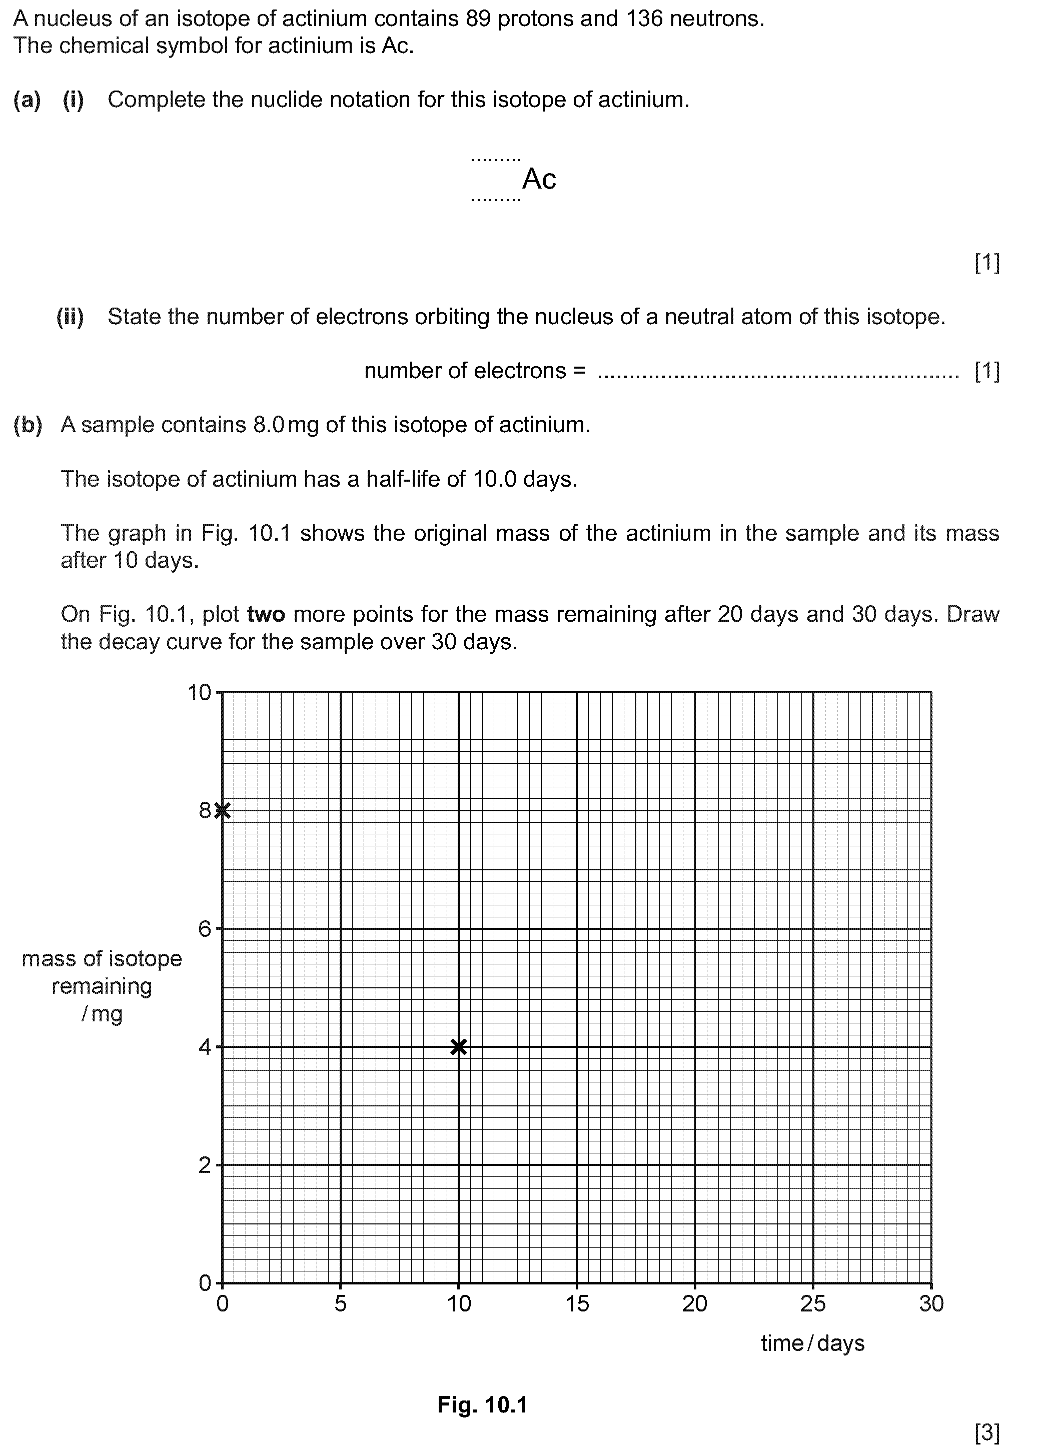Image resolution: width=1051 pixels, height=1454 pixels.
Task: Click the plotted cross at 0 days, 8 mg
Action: pos(223,810)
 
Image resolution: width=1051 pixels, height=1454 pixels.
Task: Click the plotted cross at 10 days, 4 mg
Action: pos(459,1047)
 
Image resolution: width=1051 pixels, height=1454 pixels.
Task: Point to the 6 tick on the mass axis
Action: pos(205,929)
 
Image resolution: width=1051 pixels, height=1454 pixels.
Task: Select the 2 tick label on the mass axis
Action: pos(205,1165)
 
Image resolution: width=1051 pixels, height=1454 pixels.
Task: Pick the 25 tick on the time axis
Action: pos(813,1303)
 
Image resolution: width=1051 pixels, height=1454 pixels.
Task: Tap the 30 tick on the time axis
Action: pos(931,1303)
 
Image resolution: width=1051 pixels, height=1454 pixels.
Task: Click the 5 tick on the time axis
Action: pos(341,1303)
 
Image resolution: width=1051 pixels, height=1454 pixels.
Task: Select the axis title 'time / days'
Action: pos(812,1343)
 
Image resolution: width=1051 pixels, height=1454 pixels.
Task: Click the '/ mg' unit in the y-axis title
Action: pos(102,1013)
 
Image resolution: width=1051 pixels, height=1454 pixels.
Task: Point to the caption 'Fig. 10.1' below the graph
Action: pos(482,1404)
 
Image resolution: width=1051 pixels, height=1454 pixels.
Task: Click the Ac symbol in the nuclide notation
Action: pos(539,179)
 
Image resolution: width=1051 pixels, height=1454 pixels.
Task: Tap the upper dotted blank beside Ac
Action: pos(496,159)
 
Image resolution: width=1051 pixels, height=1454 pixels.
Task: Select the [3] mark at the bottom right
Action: pos(987,1432)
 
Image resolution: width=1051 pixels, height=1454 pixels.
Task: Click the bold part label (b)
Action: pos(28,425)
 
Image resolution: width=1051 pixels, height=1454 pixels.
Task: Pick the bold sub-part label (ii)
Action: pos(70,317)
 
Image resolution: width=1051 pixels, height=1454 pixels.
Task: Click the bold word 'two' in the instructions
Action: pos(266,614)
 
